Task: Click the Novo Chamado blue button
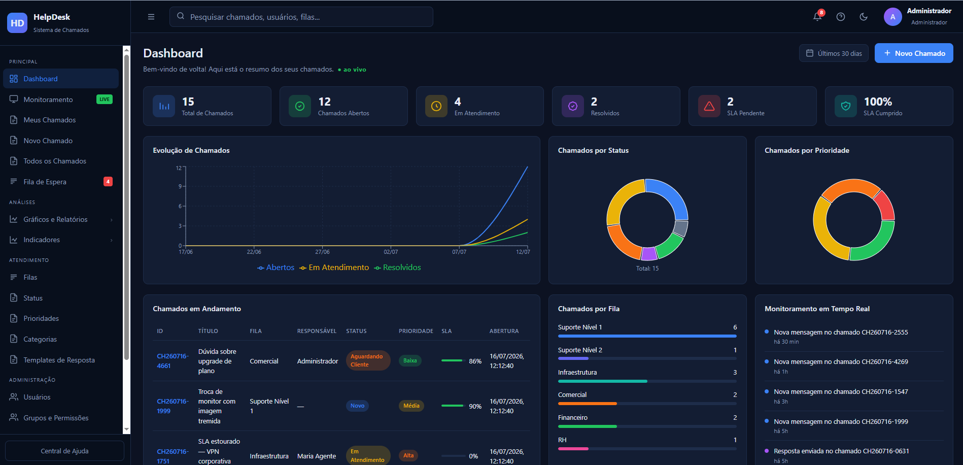coord(913,53)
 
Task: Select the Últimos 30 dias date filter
coord(834,53)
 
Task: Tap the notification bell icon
coord(817,17)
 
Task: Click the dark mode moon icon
coord(864,17)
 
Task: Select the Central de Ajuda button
coord(64,451)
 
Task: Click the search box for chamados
coord(301,17)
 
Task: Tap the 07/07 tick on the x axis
coord(459,252)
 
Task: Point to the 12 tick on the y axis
coord(179,168)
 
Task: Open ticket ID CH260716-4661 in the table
coord(173,361)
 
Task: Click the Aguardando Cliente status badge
coord(368,360)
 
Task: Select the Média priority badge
coord(411,406)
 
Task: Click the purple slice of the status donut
coord(649,253)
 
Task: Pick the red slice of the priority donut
coord(885,206)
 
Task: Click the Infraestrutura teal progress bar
coord(602,381)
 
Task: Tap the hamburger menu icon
coord(151,17)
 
